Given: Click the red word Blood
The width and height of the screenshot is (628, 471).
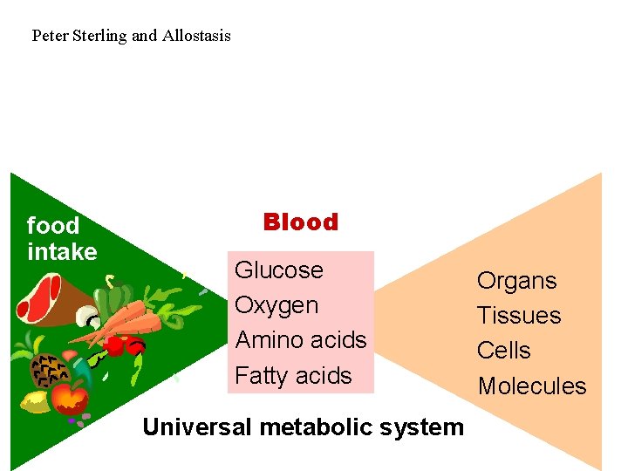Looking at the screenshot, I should click(300, 222).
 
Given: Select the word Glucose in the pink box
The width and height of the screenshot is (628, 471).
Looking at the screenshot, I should click(279, 270).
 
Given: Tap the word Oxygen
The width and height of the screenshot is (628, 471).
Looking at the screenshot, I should click(276, 306).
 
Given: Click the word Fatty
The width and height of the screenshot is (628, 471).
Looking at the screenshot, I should click(260, 376).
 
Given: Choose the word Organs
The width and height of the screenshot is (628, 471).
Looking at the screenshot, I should click(516, 281).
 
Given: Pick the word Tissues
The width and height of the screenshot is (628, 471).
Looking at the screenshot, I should click(519, 316).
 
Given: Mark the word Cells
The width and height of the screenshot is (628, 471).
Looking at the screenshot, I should click(503, 351).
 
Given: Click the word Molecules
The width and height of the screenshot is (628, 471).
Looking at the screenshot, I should click(532, 386).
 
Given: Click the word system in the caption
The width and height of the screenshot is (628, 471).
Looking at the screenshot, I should click(426, 427).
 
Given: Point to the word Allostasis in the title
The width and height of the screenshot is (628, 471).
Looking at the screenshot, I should click(196, 36).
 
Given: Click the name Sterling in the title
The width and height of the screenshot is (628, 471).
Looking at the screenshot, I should click(99, 36).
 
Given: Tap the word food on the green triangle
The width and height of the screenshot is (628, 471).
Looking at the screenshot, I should click(53, 226).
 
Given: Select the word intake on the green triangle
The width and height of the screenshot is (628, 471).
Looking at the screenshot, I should click(62, 252).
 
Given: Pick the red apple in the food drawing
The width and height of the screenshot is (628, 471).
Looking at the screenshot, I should click(69, 400).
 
